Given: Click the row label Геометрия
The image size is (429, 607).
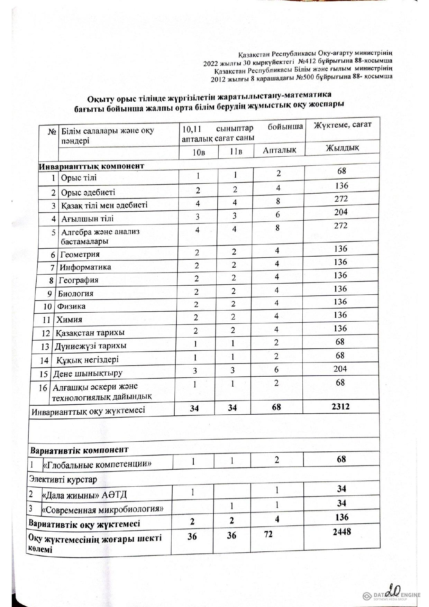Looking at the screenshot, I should tap(80, 255).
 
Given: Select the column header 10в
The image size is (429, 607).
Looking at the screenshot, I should tap(198, 152).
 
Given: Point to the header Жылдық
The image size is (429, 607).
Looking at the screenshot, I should tap(342, 148).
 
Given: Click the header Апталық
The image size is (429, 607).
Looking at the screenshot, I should tap(279, 150).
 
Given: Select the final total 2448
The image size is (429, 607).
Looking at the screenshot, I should tap(341, 532).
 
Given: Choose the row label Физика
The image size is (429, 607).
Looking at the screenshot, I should tap(71, 306).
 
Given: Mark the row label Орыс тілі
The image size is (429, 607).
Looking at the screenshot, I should tap(79, 178).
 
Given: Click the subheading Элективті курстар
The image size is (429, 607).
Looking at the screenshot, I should tap(63, 480).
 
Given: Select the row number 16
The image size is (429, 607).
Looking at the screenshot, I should tap(43, 388).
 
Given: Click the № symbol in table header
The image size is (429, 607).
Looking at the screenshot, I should tap(52, 132).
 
